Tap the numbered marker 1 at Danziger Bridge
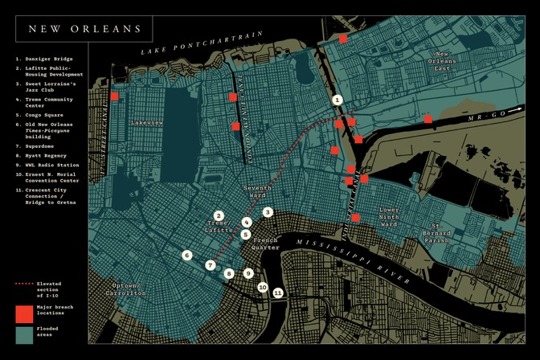337,100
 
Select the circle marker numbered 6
187,256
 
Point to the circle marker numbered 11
278,293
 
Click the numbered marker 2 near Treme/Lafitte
219,216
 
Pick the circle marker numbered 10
262,287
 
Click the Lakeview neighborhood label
146,123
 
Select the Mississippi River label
354,261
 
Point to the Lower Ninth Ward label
389,217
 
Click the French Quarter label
265,243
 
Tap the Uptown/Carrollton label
126,289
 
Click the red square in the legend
24,313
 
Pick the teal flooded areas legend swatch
24,334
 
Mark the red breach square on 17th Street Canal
114,96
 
